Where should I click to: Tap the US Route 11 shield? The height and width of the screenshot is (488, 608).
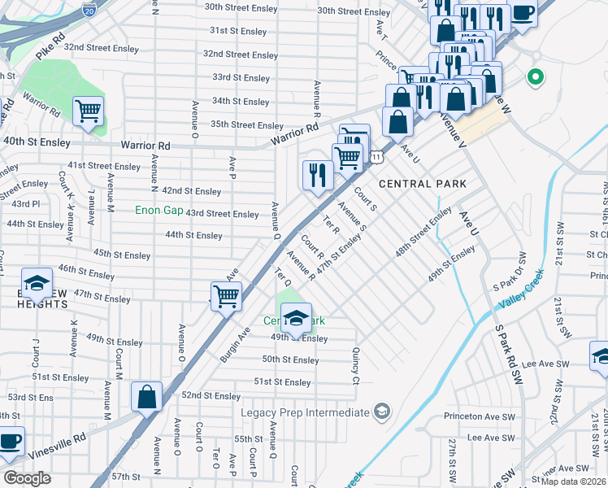point(376,155)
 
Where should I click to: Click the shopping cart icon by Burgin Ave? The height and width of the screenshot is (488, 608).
point(226,295)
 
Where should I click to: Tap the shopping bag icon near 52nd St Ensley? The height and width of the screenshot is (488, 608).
point(146,398)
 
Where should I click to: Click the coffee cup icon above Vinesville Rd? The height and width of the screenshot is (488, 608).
point(10,442)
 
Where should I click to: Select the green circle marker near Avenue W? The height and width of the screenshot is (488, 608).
point(535,78)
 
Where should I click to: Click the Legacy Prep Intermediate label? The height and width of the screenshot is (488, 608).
point(305,412)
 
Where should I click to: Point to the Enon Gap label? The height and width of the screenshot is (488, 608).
point(159,211)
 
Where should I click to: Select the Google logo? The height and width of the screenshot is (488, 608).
point(28,478)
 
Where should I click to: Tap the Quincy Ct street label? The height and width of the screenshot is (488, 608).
point(355,366)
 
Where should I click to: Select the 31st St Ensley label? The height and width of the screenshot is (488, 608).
point(238,31)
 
